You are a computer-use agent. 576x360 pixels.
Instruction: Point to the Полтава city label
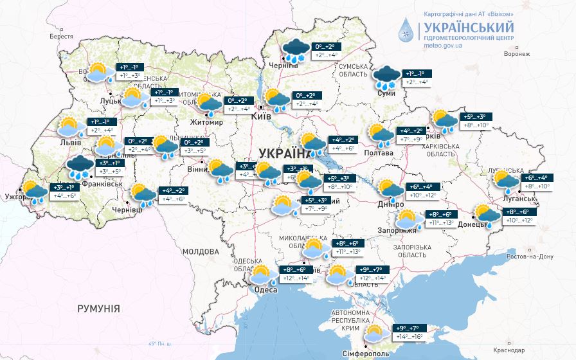coord(379,152)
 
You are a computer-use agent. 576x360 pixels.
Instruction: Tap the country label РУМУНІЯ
coord(98,309)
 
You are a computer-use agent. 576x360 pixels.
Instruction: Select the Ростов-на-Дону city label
coord(531,256)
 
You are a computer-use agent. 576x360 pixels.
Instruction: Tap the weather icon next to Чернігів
coord(295,51)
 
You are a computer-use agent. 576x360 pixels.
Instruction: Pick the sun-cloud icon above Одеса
coord(263,274)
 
